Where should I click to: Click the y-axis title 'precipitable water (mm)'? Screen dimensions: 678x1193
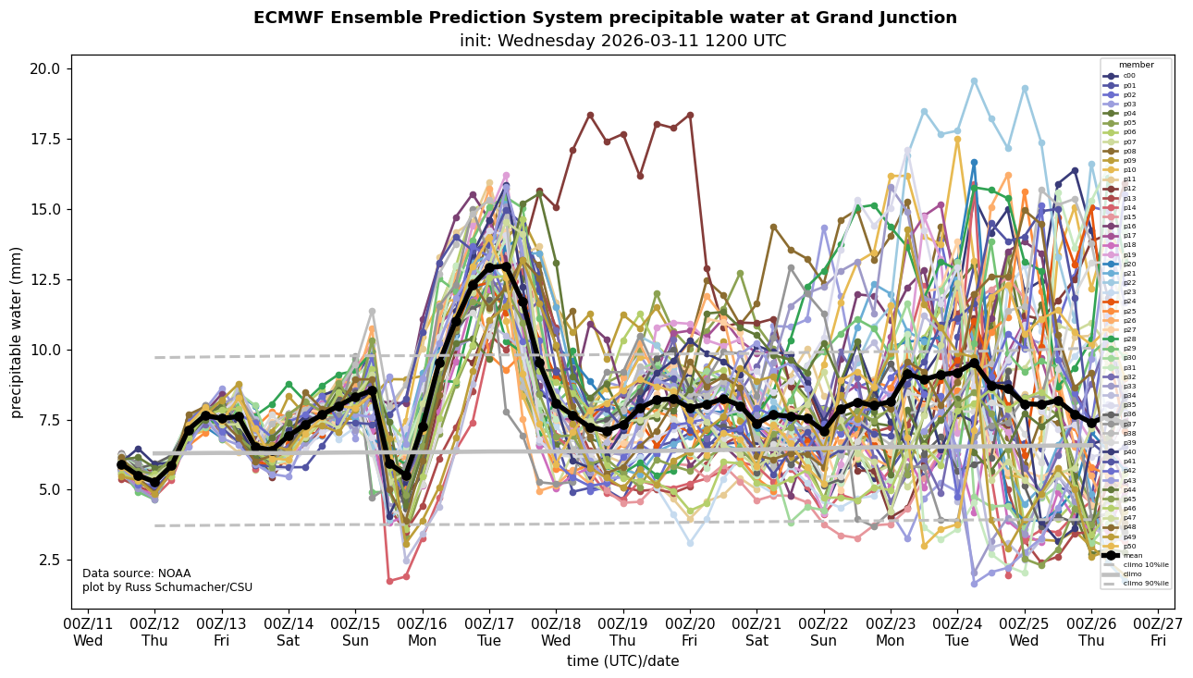(x=17, y=332)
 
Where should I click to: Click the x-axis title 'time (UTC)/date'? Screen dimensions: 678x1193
(x=622, y=661)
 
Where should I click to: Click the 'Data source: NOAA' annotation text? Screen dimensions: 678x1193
(x=136, y=573)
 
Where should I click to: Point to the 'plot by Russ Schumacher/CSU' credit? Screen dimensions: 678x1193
(x=166, y=587)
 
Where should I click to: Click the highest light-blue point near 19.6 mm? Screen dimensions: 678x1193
(x=974, y=80)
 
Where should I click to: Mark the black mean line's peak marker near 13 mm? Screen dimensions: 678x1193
(x=506, y=266)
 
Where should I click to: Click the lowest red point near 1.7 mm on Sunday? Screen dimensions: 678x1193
(x=389, y=581)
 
